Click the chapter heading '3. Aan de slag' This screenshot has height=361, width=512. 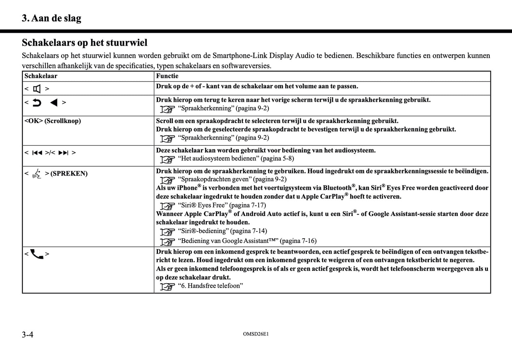(x=51, y=18)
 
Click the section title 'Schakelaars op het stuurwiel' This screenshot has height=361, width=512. (x=84, y=43)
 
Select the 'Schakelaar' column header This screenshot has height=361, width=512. (x=41, y=76)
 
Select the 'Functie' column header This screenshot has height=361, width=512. (x=167, y=76)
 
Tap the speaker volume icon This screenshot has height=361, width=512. (x=37, y=89)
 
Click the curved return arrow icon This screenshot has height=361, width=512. (x=37, y=102)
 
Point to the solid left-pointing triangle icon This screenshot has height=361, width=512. (x=54, y=102)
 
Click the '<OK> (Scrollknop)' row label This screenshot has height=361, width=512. (x=52, y=121)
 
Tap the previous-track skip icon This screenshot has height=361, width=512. (x=37, y=153)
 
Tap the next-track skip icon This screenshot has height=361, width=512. (x=63, y=153)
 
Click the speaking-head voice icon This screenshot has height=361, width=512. (x=37, y=174)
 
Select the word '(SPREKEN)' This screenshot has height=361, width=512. (x=69, y=174)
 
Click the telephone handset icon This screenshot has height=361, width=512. (x=37, y=254)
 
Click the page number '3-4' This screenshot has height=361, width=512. (x=28, y=334)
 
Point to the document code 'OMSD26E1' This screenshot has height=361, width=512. (x=256, y=334)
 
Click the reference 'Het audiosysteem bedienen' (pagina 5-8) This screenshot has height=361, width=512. (x=236, y=159)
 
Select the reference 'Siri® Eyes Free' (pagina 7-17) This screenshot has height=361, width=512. (x=221, y=205)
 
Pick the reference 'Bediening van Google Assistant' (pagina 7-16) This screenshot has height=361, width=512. (x=247, y=241)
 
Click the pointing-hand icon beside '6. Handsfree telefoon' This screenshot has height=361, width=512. (x=167, y=286)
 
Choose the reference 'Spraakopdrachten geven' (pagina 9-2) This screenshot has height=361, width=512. (x=232, y=179)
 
